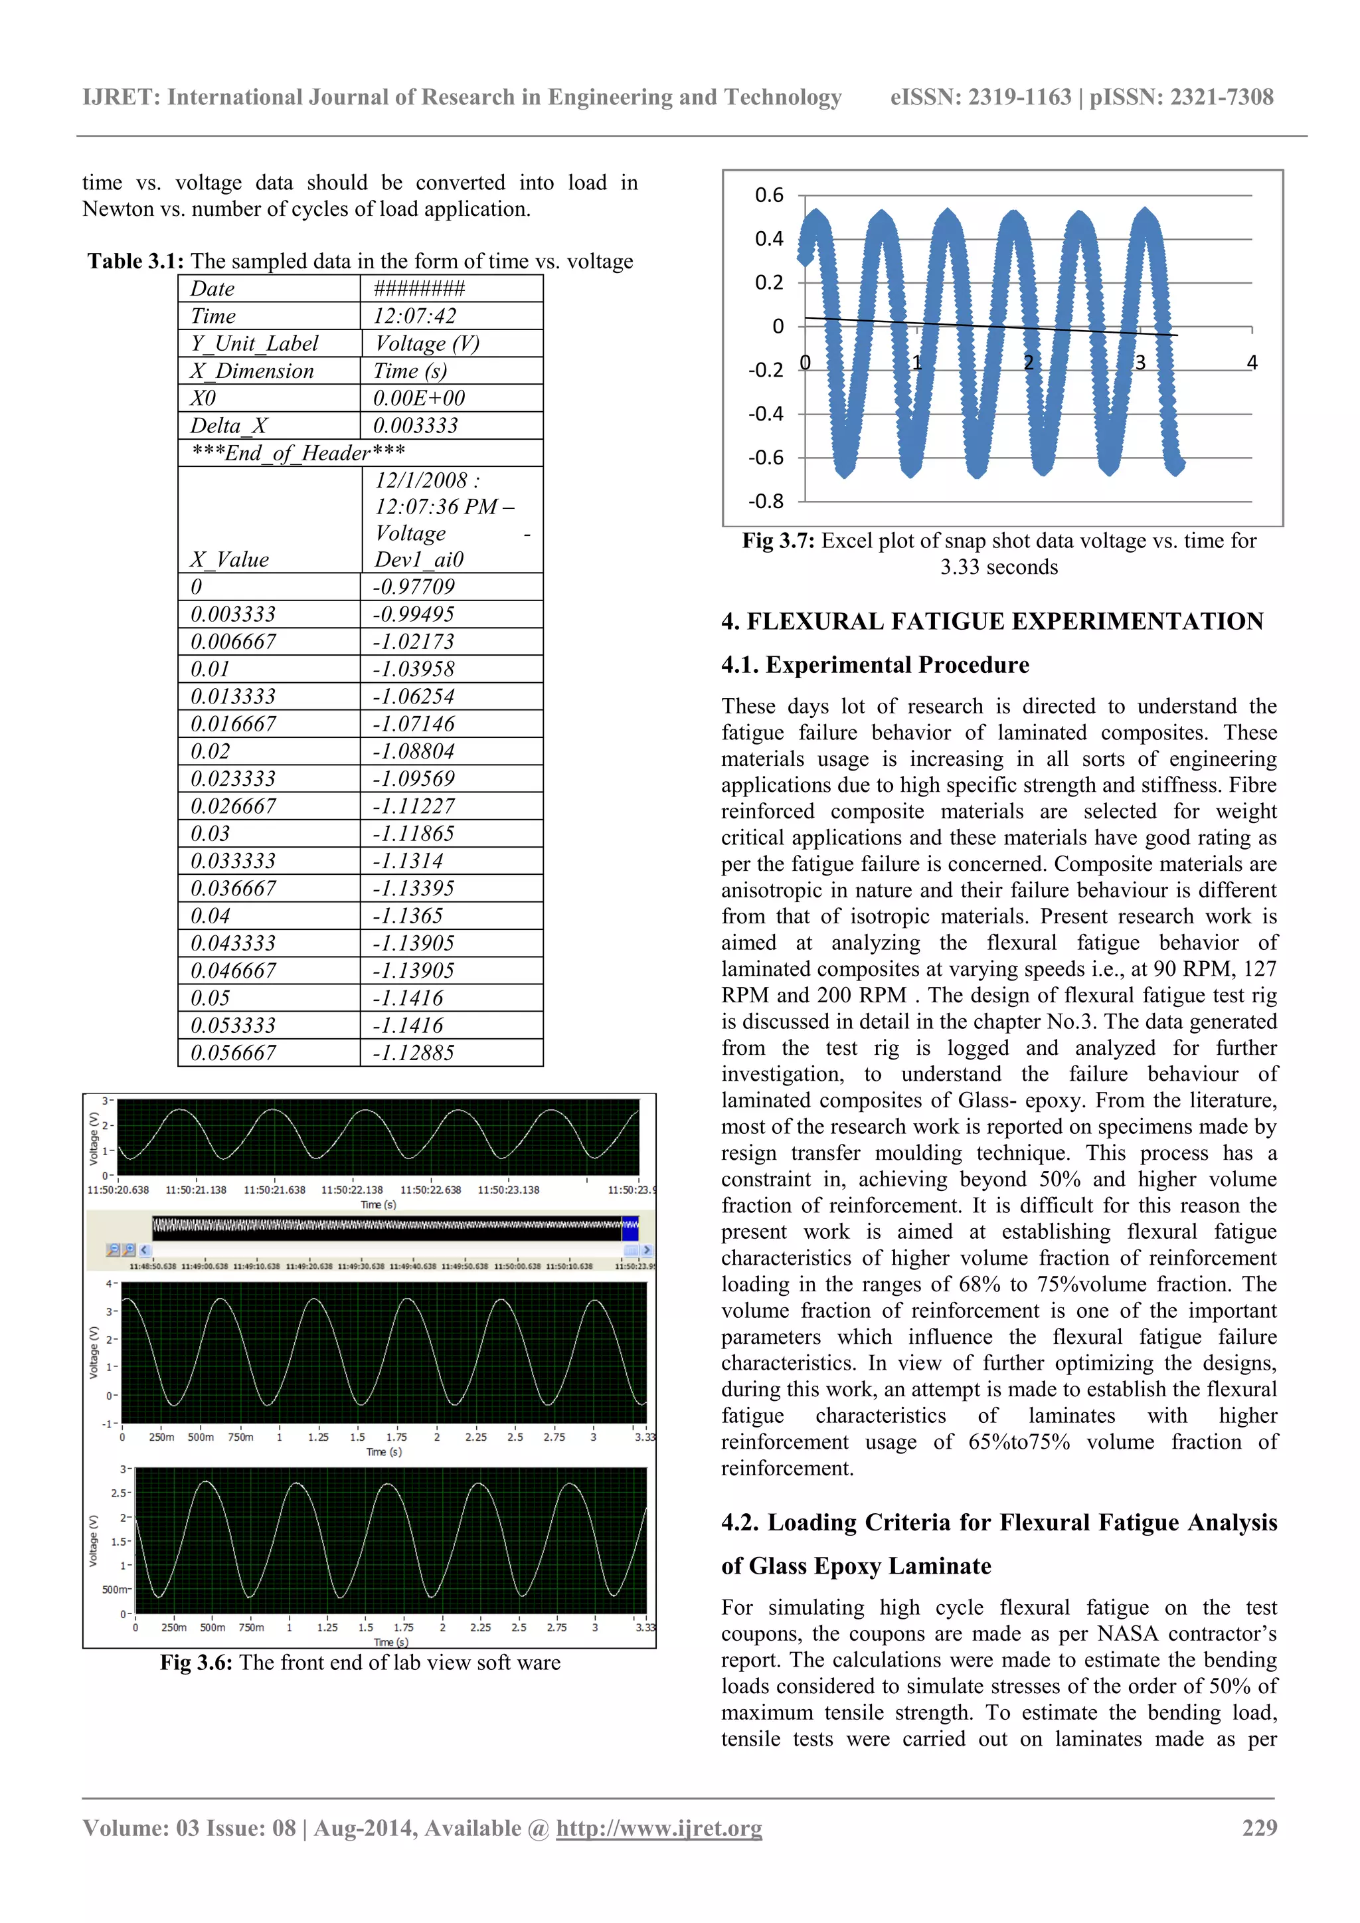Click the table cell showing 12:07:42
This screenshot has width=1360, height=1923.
[x=415, y=316]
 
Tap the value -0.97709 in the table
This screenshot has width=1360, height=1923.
[x=414, y=587]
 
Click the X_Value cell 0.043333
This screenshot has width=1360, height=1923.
[x=233, y=943]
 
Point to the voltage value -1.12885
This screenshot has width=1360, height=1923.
[x=414, y=1053]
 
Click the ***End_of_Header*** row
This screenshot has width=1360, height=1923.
[x=298, y=453]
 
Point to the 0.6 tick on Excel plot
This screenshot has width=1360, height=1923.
[x=769, y=195]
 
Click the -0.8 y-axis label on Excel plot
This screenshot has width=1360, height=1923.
[x=766, y=502]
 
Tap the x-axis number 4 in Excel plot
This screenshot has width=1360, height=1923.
[x=1252, y=363]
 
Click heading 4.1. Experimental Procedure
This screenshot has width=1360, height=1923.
[x=875, y=665]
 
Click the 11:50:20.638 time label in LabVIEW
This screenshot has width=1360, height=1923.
[x=118, y=1189]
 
